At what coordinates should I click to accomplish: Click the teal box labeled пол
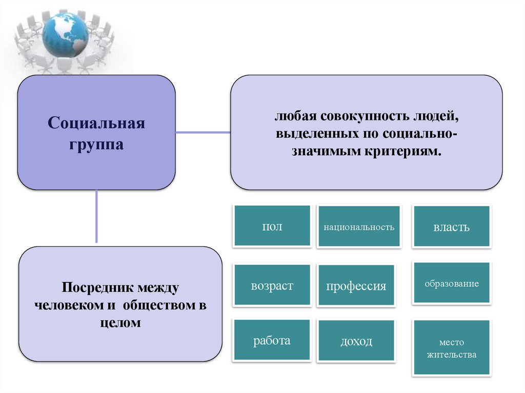(272, 226)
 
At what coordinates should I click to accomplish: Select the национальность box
(358, 226)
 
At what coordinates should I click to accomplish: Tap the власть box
(451, 226)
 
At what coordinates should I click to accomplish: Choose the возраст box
(272, 285)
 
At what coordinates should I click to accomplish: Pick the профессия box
(356, 286)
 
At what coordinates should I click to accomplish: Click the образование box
(451, 283)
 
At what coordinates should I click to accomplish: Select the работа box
(272, 341)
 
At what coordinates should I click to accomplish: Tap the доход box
(356, 341)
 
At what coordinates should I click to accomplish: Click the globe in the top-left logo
(65, 35)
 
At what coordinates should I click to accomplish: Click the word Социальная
(97, 123)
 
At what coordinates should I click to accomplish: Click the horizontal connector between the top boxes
(203, 132)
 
